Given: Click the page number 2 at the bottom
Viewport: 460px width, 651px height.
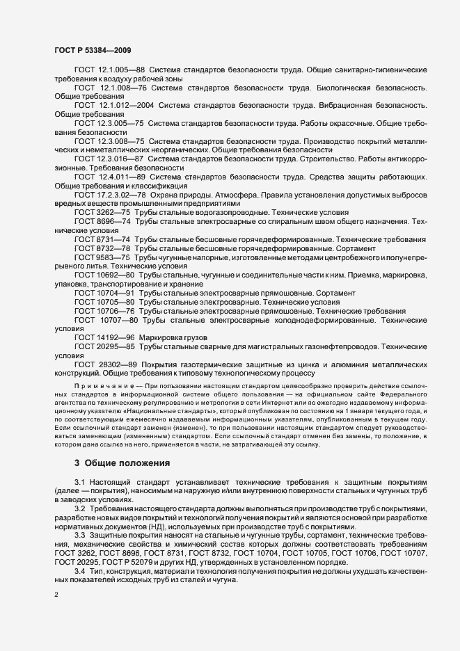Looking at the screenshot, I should [56, 595].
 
